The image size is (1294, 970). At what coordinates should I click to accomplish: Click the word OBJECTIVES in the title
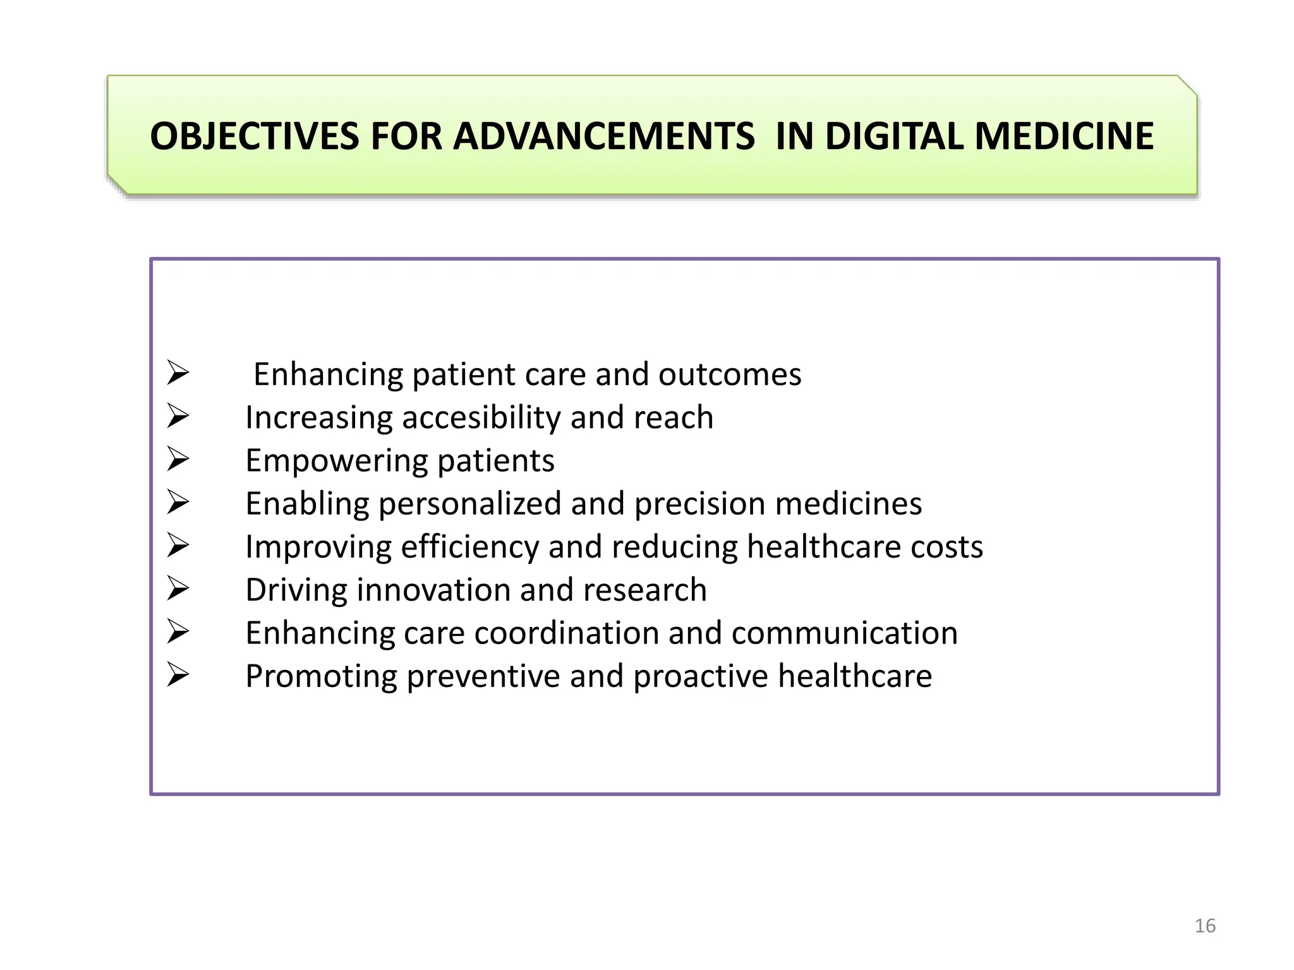pos(255,136)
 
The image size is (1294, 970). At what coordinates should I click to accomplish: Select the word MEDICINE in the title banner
pos(1065,136)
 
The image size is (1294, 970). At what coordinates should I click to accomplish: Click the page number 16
pos(1205,926)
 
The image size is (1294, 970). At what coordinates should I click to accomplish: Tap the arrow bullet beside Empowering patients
pos(178,459)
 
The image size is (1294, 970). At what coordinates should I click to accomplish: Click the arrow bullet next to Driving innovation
pos(178,589)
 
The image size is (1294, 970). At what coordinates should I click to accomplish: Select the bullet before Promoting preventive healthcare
pos(178,675)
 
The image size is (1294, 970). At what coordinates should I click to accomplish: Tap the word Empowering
pos(336,461)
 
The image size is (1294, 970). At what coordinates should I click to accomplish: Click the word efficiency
pos(469,547)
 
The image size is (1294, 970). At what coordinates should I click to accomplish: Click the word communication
pos(844,633)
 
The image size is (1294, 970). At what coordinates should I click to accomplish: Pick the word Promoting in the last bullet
pos(321,676)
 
